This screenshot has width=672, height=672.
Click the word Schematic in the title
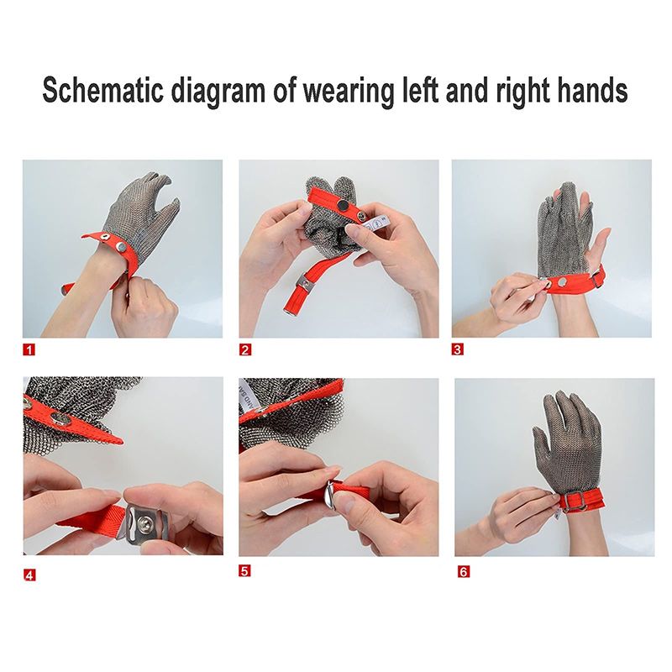tap(102, 91)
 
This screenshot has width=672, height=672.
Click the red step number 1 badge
tap(29, 349)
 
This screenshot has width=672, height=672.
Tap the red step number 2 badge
tap(245, 349)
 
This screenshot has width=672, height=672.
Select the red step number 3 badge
tap(458, 349)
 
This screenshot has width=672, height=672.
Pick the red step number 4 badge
tap(29, 575)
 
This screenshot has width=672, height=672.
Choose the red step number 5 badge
tap(244, 571)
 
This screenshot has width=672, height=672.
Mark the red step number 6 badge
tap(464, 571)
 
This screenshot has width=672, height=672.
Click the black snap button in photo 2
tap(343, 207)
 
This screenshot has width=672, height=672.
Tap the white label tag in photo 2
tap(377, 223)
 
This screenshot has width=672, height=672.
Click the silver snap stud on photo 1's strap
tap(121, 247)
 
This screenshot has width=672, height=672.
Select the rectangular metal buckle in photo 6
tap(573, 501)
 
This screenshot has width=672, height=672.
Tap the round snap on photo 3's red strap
tap(562, 281)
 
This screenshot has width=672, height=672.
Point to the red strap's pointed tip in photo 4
tap(122, 441)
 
